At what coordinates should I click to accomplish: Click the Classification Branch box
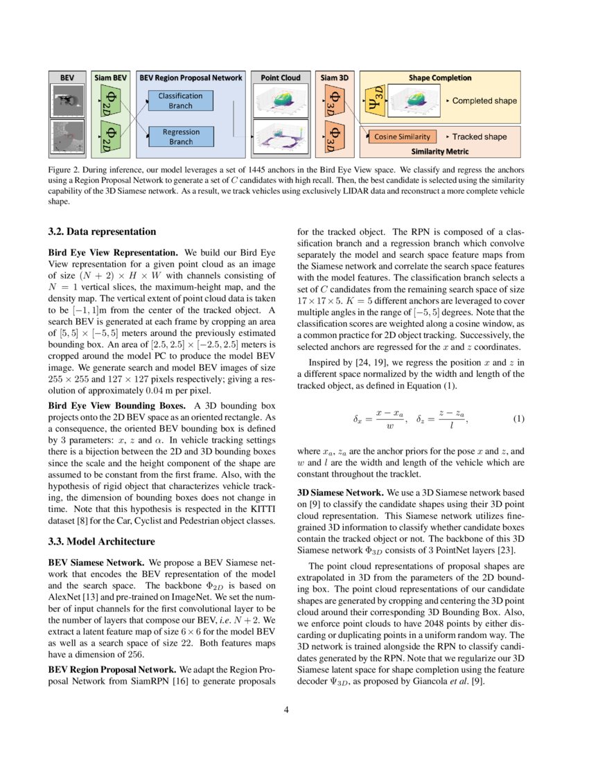tap(180, 100)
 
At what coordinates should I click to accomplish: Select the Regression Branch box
tap(181, 136)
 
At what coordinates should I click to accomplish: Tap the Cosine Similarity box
tap(403, 137)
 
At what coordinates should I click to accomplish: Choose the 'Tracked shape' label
tap(478, 137)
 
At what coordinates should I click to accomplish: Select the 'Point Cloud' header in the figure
tap(281, 78)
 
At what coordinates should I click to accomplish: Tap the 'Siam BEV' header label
tap(110, 78)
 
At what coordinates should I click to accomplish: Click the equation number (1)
tap(518, 418)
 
